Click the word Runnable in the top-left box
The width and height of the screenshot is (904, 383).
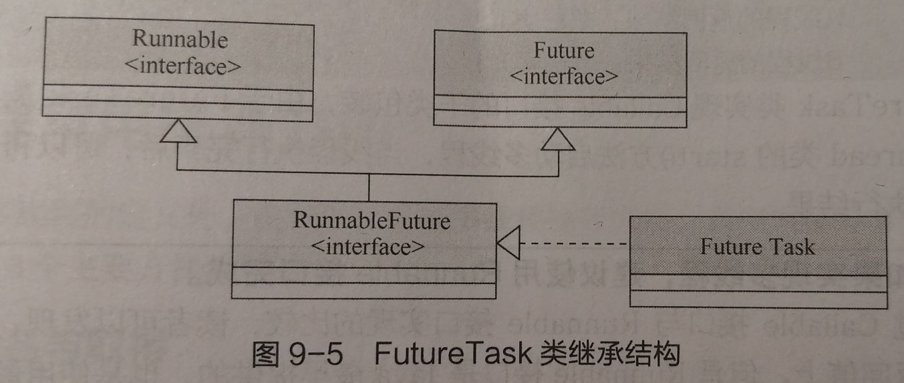pos(180,39)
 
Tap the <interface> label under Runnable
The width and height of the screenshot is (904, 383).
pos(180,67)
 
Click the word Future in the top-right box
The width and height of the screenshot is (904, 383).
pos(564,50)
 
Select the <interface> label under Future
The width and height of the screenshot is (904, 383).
pos(564,76)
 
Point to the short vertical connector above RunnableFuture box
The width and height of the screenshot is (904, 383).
pos(368,186)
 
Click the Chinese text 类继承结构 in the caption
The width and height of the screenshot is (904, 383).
pos(609,354)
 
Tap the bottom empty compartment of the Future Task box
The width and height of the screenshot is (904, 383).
pos(758,299)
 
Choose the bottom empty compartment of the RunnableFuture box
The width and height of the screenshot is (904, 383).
pos(364,291)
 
